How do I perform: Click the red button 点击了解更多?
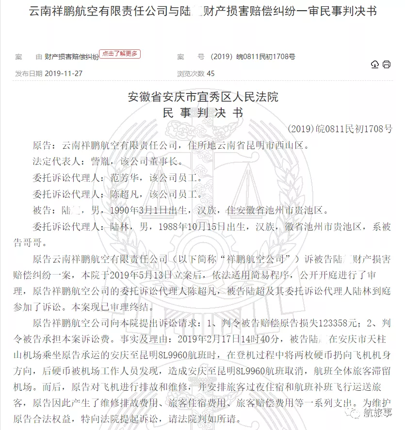click(120, 54)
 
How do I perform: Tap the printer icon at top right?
click(387, 64)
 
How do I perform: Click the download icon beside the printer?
click(375, 64)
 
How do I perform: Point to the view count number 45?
click(211, 74)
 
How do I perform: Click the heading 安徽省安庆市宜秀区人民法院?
click(203, 97)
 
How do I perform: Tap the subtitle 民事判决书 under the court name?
click(203, 113)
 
